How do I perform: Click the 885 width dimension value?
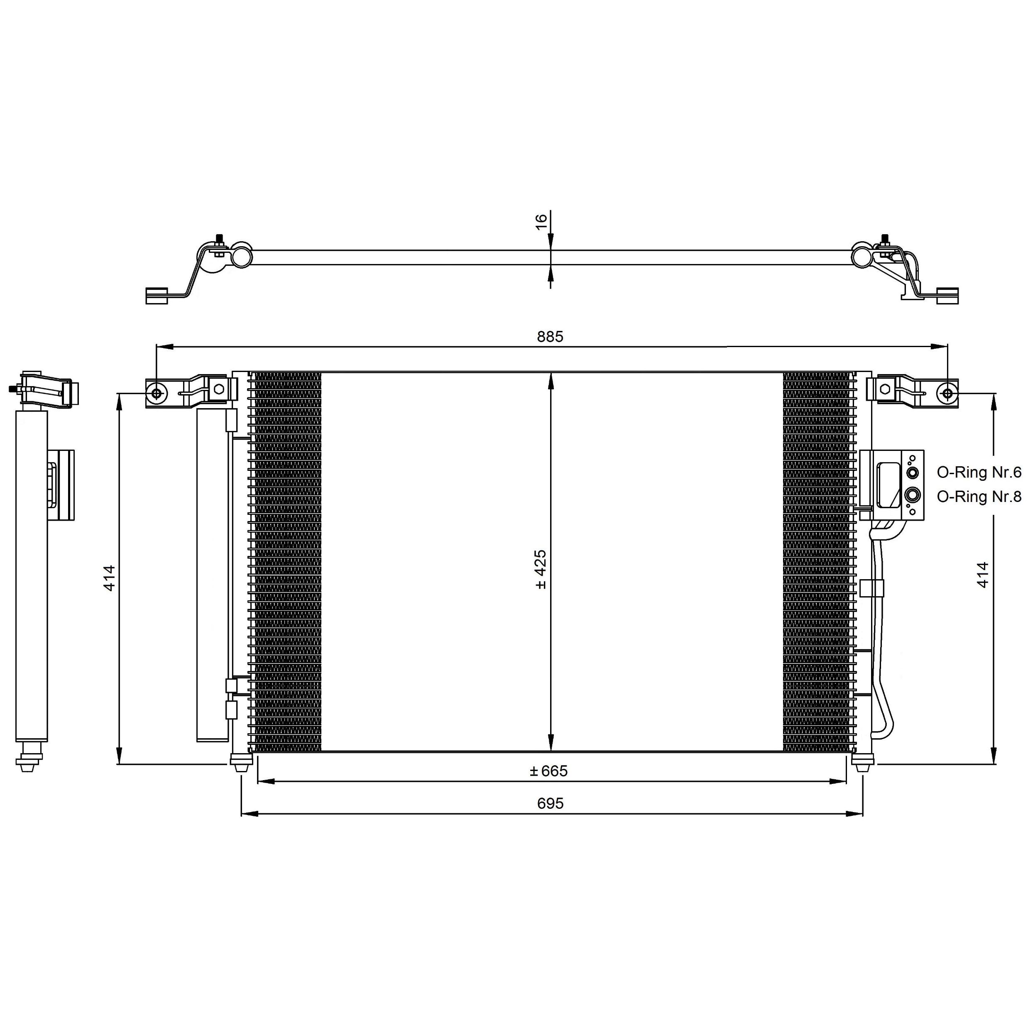(550, 336)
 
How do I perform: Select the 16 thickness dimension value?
(541, 221)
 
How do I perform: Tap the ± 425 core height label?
(540, 569)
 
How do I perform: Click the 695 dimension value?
(550, 803)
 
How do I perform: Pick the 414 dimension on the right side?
(982, 575)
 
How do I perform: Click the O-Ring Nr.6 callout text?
(979, 472)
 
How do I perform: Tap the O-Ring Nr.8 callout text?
(979, 497)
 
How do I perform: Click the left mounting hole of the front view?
(157, 393)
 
